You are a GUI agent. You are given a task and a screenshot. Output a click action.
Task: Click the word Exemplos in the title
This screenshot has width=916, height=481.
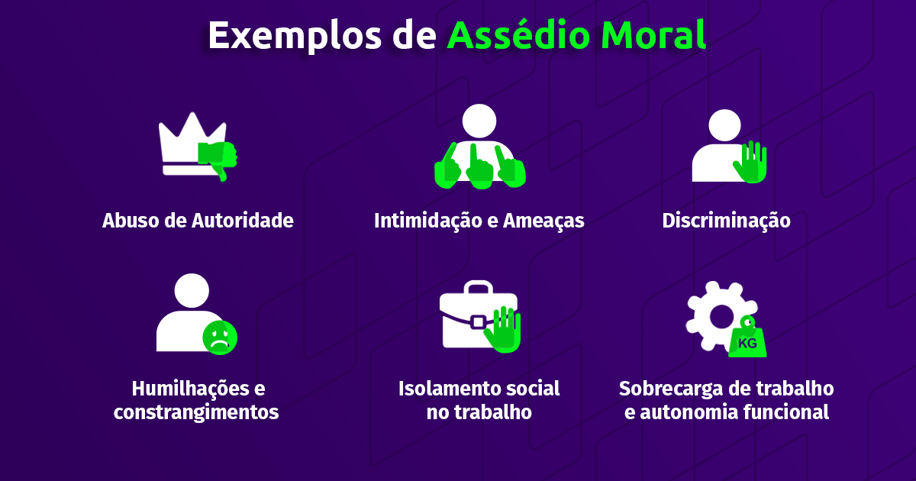pyautogui.click(x=295, y=36)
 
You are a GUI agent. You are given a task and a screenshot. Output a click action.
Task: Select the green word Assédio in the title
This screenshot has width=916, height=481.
pyautogui.click(x=518, y=34)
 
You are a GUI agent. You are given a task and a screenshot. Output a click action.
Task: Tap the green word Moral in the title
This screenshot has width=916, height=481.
pyautogui.click(x=653, y=34)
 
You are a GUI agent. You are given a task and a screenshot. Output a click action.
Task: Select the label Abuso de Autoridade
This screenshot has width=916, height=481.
pyautogui.click(x=198, y=221)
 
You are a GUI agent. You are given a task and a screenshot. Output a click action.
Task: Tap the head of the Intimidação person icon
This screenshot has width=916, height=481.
pyautogui.click(x=479, y=121)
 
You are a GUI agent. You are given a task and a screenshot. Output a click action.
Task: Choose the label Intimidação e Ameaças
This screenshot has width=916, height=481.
pyautogui.click(x=479, y=221)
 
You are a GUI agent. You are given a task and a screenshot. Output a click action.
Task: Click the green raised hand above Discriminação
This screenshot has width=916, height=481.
pyautogui.click(x=750, y=162)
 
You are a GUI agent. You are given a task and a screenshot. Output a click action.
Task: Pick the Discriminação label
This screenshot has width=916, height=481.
pyautogui.click(x=726, y=221)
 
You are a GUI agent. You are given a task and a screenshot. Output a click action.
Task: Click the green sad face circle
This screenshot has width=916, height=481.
pyautogui.click(x=220, y=337)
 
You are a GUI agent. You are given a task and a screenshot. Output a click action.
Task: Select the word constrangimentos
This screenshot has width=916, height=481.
pyautogui.click(x=196, y=413)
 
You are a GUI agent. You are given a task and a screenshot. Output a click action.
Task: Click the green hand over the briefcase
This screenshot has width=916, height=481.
pyautogui.click(x=503, y=330)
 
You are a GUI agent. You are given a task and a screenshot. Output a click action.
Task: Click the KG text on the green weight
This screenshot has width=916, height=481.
pyautogui.click(x=747, y=343)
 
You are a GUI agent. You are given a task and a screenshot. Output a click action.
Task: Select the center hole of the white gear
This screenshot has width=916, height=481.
pyautogui.click(x=722, y=316)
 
